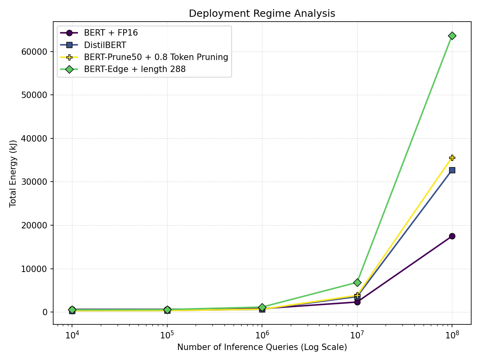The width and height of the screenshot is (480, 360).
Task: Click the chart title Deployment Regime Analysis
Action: tap(262, 14)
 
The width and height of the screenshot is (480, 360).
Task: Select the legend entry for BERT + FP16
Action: tap(111, 33)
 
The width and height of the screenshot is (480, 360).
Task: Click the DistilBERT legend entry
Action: tap(105, 45)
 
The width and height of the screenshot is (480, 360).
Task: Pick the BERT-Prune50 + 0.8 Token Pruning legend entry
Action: tap(156, 57)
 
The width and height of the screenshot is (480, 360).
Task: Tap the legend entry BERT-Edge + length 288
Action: tap(134, 69)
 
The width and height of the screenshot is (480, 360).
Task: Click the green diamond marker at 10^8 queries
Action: tap(452, 36)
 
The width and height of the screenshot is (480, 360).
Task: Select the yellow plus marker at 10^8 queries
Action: tap(452, 158)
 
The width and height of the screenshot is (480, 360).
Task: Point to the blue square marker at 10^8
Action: tap(452, 170)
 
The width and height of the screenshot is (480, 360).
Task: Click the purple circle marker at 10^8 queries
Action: tap(452, 236)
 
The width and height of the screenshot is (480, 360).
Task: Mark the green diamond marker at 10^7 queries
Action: tap(357, 282)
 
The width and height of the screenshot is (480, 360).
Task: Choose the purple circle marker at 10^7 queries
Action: tap(357, 302)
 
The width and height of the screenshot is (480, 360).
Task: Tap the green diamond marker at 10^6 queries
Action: tap(262, 307)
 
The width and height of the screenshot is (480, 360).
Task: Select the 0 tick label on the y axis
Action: tap(46, 312)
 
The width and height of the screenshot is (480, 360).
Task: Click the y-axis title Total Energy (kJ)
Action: tap(13, 173)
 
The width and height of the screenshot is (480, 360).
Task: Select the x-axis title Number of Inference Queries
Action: tap(262, 347)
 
